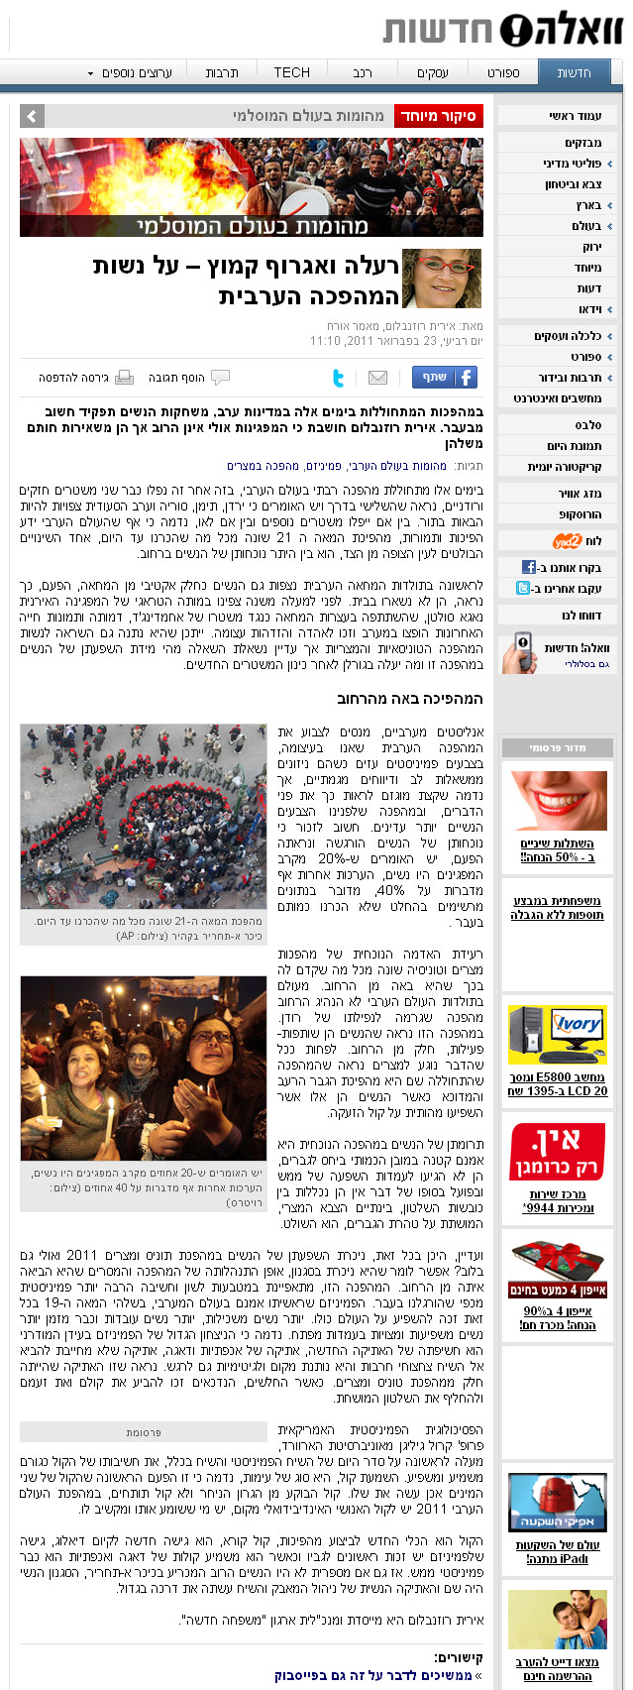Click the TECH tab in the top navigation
click(x=291, y=72)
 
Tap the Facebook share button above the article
click(x=444, y=377)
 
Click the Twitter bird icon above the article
click(x=339, y=378)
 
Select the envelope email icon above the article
click(x=377, y=378)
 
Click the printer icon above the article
click(x=124, y=378)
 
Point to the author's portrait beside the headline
click(x=442, y=279)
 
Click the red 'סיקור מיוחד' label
click(x=438, y=116)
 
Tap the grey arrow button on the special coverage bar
click(x=32, y=116)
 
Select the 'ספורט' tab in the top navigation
click(x=502, y=72)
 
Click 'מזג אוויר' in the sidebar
click(x=580, y=494)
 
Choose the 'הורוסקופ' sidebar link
click(x=580, y=514)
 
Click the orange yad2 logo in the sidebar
click(x=567, y=541)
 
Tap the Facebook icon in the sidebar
click(x=529, y=567)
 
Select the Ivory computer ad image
click(x=557, y=1035)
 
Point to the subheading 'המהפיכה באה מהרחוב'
click(x=409, y=699)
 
